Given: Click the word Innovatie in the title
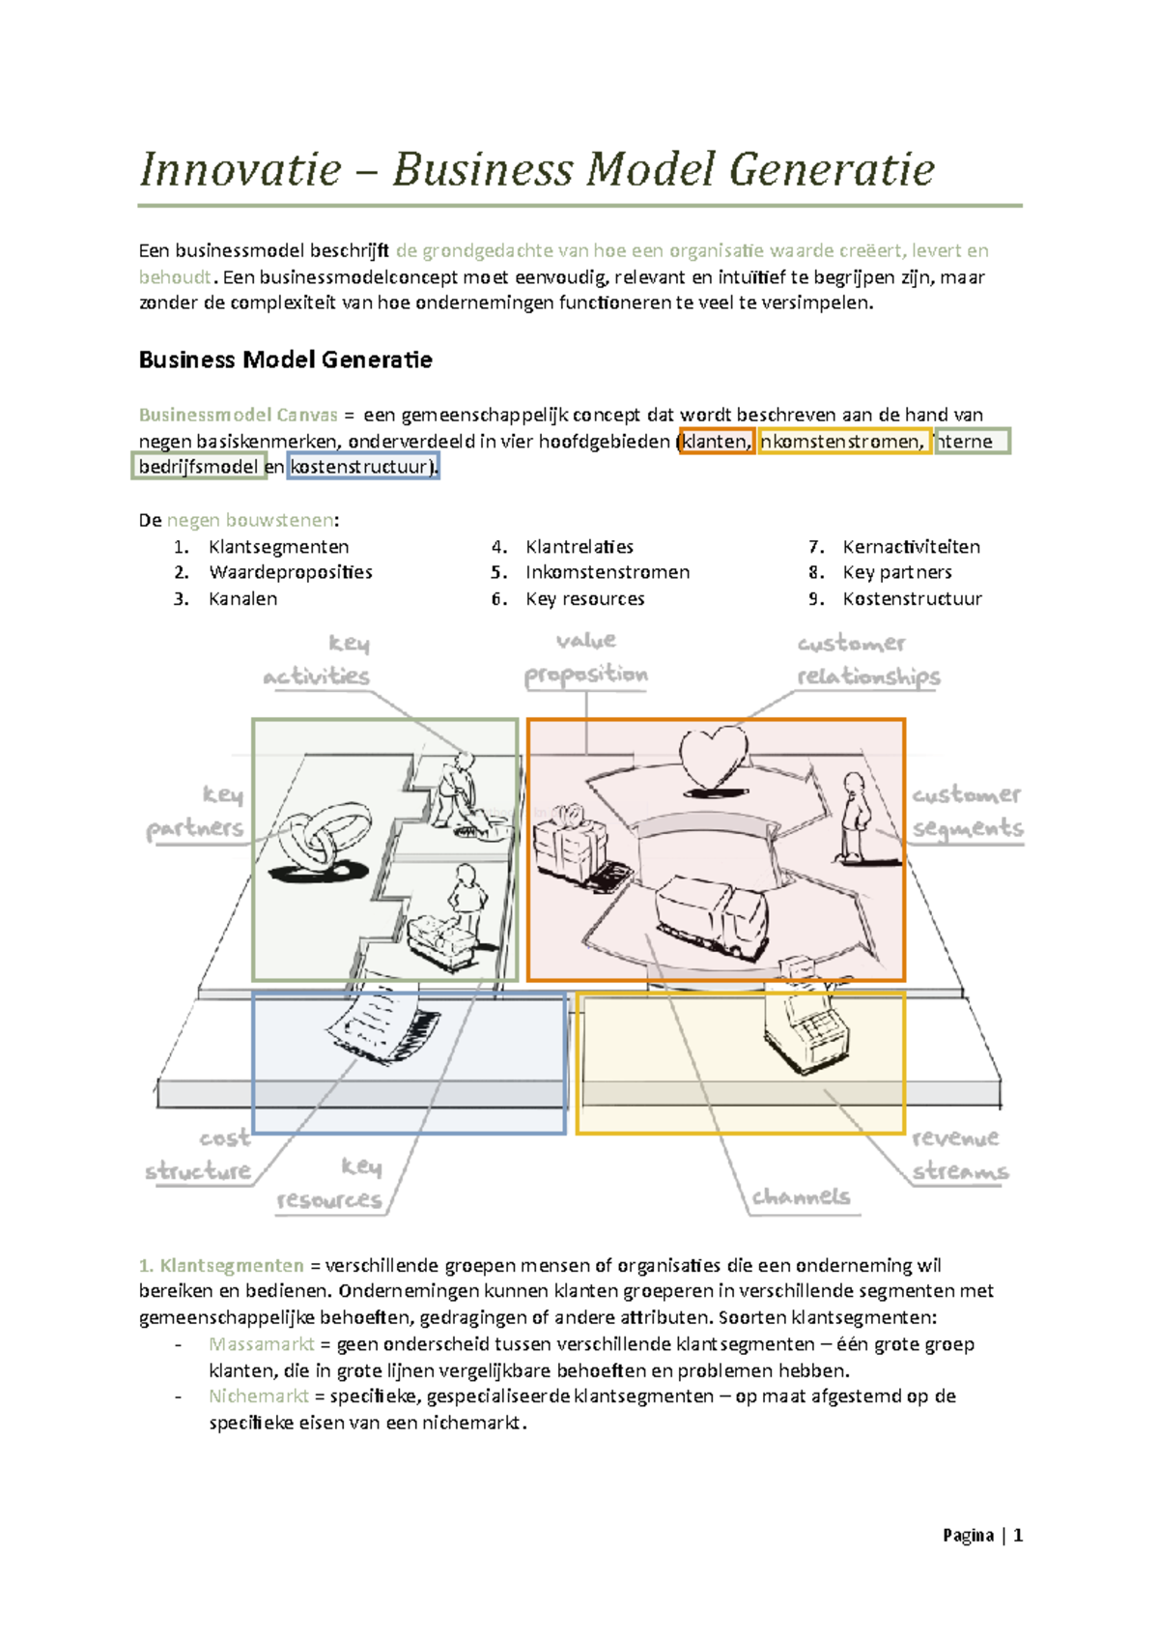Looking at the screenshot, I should coord(240,170).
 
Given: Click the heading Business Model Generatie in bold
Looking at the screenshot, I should coord(285,360).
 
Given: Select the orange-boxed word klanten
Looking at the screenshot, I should coord(716,442).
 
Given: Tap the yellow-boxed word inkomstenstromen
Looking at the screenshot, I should coord(843,442).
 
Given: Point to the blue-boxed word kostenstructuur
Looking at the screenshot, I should coord(363,468).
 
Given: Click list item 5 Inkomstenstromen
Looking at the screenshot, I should coord(607,572).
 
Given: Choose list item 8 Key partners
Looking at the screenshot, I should coord(896,572).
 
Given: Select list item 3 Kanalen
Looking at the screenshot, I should coord(242,599).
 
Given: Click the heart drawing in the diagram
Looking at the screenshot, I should coord(713,759).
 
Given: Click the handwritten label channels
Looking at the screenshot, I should coord(801,1197).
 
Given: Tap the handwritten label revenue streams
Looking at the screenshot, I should coord(959,1154).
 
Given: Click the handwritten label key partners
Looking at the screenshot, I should coord(197,812).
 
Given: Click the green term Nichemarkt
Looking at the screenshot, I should coord(258,1396).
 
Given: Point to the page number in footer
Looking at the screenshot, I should coord(1018,1536).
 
